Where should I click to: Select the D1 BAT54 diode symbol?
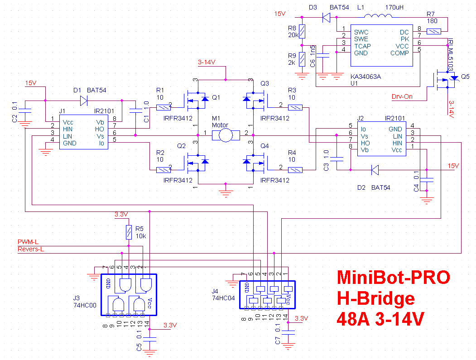pyautogui.click(x=84, y=101)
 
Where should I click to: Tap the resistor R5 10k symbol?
pyautogui.click(x=129, y=233)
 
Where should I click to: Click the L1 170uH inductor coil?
pyautogui.click(x=378, y=18)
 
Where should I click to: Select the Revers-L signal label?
pyautogui.click(x=31, y=249)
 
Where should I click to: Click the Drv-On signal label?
pyautogui.click(x=402, y=96)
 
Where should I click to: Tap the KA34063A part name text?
pyautogui.click(x=365, y=77)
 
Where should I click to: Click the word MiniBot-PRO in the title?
pyautogui.click(x=393, y=278)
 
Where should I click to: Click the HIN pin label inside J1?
pyautogui.click(x=68, y=129)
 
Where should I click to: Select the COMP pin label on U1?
pyautogui.click(x=400, y=53)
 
